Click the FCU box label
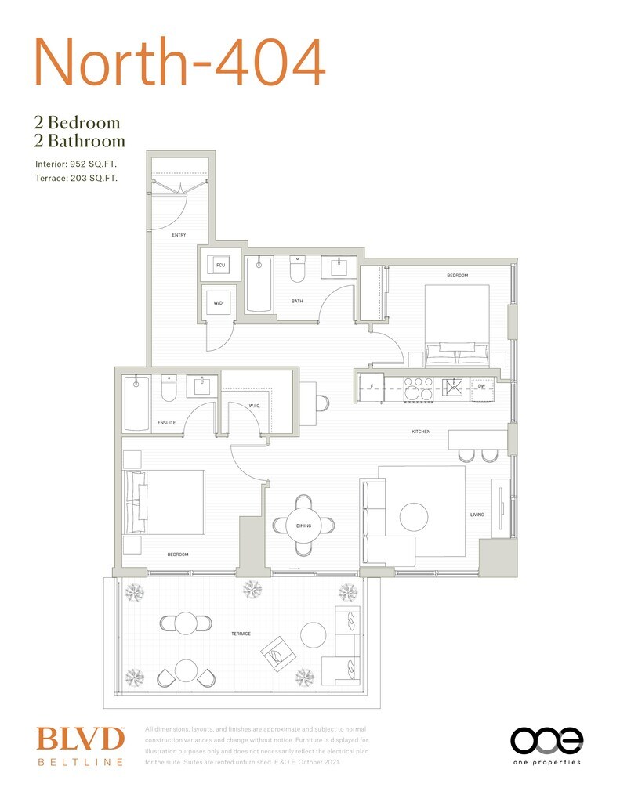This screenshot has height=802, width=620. [x=221, y=267]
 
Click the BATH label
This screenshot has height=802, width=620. [x=297, y=301]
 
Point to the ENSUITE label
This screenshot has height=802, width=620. [x=166, y=423]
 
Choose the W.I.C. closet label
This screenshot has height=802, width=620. [x=254, y=406]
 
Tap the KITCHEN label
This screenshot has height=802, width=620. [x=422, y=432]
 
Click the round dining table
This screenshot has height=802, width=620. [x=304, y=525]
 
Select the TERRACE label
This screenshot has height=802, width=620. [x=241, y=633]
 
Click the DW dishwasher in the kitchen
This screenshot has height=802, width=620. [x=481, y=386]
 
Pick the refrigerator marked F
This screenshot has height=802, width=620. [x=370, y=386]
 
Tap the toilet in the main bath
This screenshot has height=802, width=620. [x=297, y=269]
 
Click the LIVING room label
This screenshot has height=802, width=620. [x=477, y=515]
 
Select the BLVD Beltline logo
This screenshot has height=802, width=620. [x=80, y=746]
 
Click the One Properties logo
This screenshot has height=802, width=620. [x=546, y=745]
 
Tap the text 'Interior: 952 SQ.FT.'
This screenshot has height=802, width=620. [x=76, y=164]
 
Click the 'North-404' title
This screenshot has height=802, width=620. [x=179, y=62]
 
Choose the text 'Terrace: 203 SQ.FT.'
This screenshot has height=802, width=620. [x=76, y=179]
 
